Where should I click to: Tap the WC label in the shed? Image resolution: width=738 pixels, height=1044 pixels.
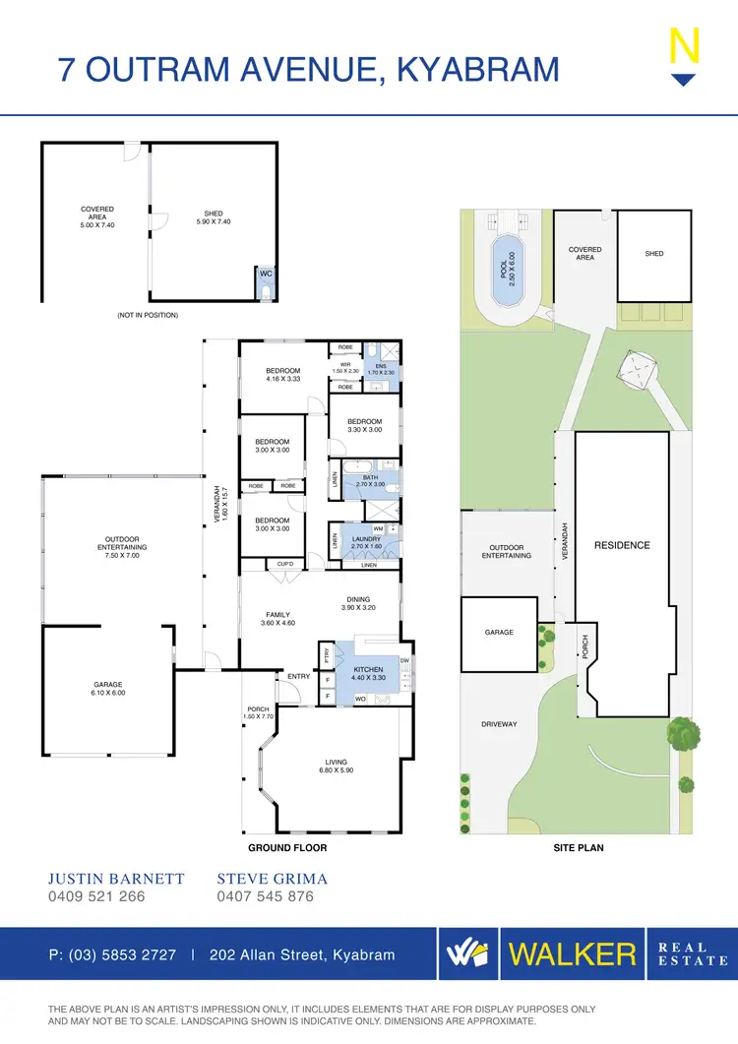pos(265,274)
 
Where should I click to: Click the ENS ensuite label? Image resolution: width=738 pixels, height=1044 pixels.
pos(381,366)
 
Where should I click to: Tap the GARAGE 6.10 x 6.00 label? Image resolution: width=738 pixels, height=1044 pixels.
pos(107,688)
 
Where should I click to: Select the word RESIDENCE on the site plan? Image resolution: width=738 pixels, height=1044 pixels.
pos(622,545)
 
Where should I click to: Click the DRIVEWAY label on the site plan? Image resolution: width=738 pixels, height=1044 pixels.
pos(499,724)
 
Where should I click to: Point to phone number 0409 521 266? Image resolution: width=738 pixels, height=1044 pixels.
pos(96,896)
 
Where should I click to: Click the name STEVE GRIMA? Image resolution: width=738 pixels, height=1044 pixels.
pos(272,879)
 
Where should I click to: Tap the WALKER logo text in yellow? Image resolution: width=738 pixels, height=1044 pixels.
pos(572,953)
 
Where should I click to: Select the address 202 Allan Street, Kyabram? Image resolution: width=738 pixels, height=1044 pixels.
pos(302,954)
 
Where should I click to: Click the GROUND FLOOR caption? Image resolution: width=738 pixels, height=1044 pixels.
pos(287,847)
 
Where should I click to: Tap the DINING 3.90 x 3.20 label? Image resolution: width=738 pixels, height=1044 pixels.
pos(358,602)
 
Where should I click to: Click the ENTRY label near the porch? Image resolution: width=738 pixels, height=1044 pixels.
pos(298,676)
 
